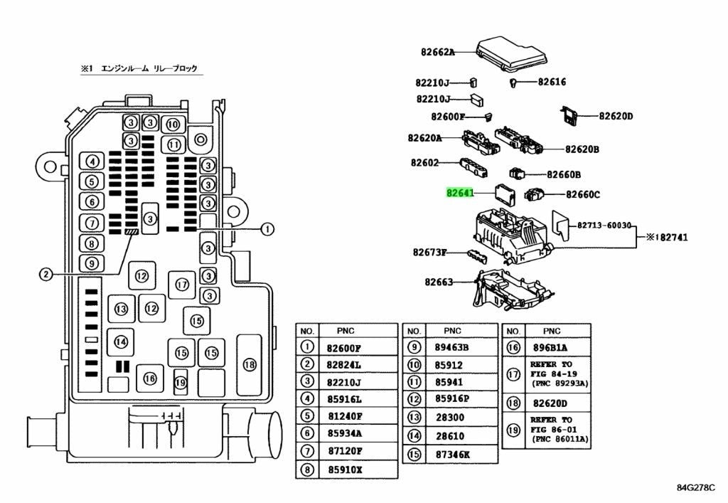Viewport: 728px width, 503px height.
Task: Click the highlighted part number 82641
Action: pyautogui.click(x=460, y=192)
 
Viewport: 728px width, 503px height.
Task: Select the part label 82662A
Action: pyautogui.click(x=438, y=52)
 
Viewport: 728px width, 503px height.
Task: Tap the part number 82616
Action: pyautogui.click(x=552, y=82)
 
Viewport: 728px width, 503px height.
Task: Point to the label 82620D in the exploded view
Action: pyautogui.click(x=616, y=116)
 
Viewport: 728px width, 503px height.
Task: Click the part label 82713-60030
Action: pyautogui.click(x=604, y=226)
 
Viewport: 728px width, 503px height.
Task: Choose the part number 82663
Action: pyautogui.click(x=439, y=282)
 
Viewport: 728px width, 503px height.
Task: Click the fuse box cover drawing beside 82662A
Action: pyautogui.click(x=512, y=54)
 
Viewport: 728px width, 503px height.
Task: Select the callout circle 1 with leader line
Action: pyautogui.click(x=267, y=229)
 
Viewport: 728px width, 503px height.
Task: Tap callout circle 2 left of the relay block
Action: pyautogui.click(x=45, y=275)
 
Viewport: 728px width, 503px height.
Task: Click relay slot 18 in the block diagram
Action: pyautogui.click(x=250, y=364)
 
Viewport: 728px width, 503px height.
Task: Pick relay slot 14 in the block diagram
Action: pyautogui.click(x=121, y=342)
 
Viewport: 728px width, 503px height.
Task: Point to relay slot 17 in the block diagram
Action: pyautogui.click(x=182, y=285)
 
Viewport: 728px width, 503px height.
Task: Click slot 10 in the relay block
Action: pyautogui.click(x=173, y=125)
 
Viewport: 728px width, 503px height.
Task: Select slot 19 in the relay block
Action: pyautogui.click(x=180, y=382)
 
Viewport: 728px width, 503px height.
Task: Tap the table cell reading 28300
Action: pyautogui.click(x=450, y=417)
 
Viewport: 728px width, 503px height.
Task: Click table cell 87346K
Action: pyautogui.click(x=452, y=455)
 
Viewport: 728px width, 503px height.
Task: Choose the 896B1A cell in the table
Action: pyautogui.click(x=550, y=347)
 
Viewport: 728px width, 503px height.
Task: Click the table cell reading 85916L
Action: pyautogui.click(x=345, y=399)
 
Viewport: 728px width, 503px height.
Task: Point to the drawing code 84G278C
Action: pyautogui.click(x=695, y=487)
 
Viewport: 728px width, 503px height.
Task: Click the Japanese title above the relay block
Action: pyautogui.click(x=139, y=68)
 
